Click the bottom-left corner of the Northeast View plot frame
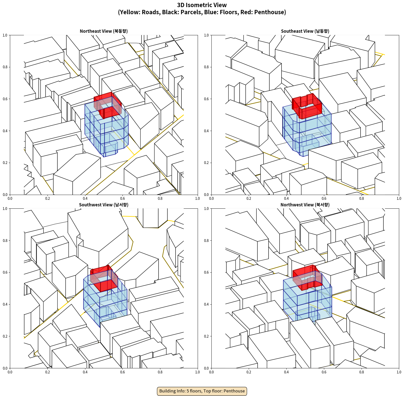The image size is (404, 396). pos(10,195)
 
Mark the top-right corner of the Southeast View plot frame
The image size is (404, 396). pos(399,35)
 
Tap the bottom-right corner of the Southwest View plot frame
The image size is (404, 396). pos(198,368)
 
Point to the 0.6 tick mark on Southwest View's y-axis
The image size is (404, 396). pos(10,272)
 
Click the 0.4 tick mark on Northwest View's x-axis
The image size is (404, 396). pos(286,369)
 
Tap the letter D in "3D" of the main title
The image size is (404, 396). pos(182,5)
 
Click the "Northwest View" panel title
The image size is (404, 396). pos(305,205)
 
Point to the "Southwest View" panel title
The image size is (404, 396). pos(104,205)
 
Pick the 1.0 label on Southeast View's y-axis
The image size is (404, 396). pos(206,35)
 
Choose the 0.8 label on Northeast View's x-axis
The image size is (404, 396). pos(160,199)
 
